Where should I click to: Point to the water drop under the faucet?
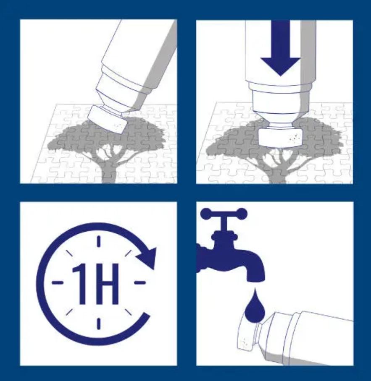click(x=255, y=306)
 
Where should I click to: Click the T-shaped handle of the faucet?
click(x=224, y=219)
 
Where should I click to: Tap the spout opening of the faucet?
click(x=256, y=279)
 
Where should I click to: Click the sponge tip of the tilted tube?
click(x=107, y=119)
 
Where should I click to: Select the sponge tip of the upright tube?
click(x=280, y=138)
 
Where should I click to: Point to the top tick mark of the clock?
click(x=99, y=241)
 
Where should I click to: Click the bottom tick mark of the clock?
click(x=99, y=324)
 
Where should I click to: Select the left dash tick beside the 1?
click(x=58, y=282)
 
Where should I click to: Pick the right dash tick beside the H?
click(x=140, y=282)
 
